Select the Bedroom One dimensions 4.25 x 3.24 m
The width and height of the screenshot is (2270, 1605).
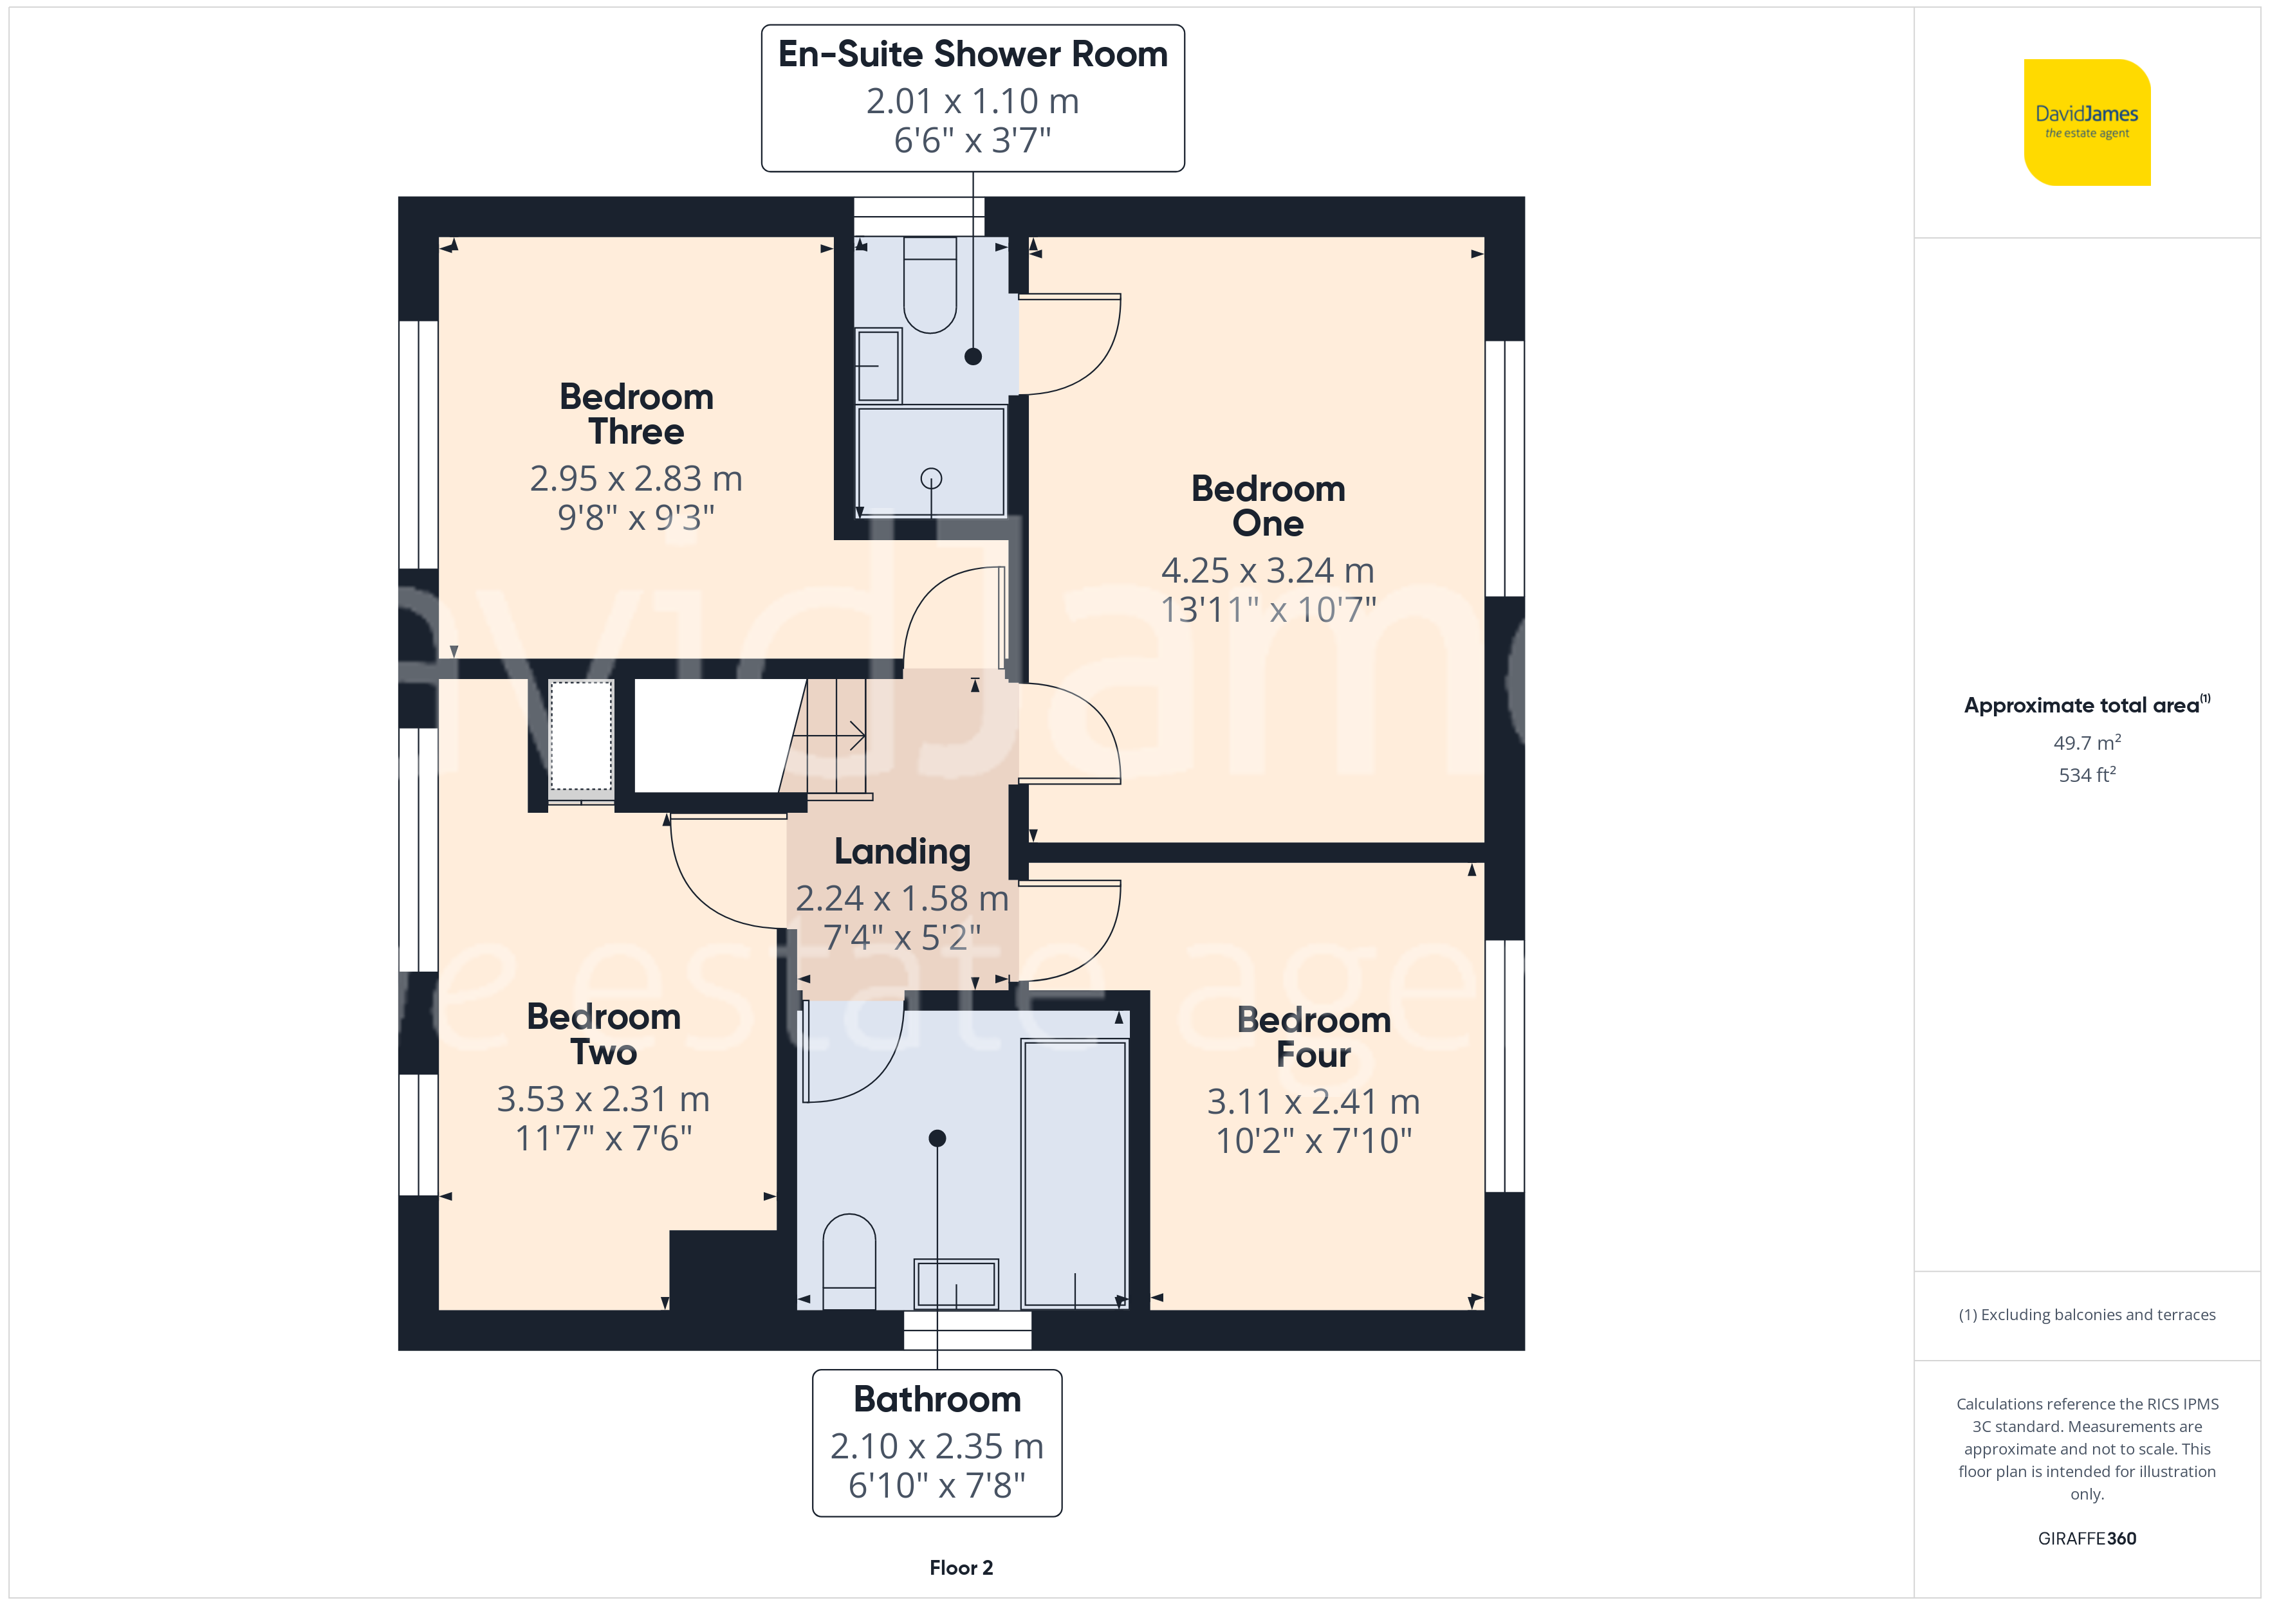[x=1268, y=570]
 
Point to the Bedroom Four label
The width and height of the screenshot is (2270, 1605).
[x=1313, y=1037]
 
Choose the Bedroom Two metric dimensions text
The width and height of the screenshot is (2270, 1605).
[x=603, y=1099]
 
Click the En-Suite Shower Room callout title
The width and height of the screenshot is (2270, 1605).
[x=973, y=55]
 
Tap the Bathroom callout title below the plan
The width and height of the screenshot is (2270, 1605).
[x=937, y=1399]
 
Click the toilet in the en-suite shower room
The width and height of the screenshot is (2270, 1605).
[x=930, y=285]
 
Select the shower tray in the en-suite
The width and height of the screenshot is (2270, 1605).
[x=930, y=462]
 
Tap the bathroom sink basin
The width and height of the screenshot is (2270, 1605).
[x=956, y=1283]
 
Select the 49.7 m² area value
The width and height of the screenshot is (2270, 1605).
[x=2087, y=742]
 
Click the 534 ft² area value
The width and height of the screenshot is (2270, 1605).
[x=2087, y=775]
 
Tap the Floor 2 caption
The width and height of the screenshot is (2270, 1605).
[x=961, y=1568]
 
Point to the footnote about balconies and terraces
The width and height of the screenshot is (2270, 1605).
[x=2087, y=1314]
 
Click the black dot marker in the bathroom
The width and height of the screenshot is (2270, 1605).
[x=937, y=1139]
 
